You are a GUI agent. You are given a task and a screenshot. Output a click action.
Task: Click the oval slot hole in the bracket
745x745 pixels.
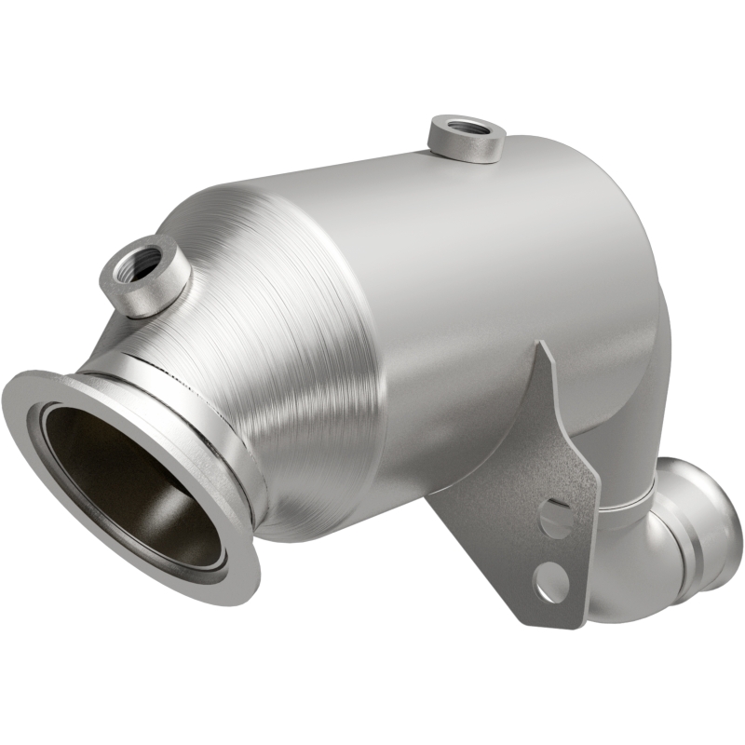(x=557, y=518)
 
